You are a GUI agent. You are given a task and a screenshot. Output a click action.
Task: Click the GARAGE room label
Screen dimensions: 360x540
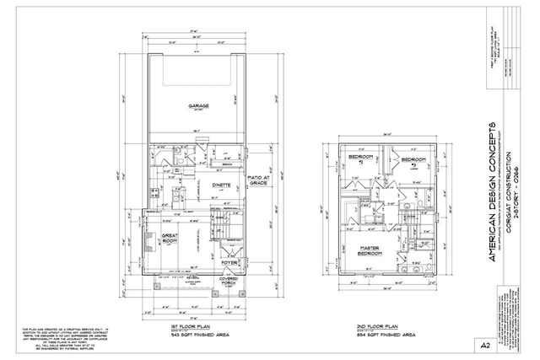coord(199,106)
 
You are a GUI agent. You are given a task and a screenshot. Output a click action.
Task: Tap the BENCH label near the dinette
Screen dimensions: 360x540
coord(202,164)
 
